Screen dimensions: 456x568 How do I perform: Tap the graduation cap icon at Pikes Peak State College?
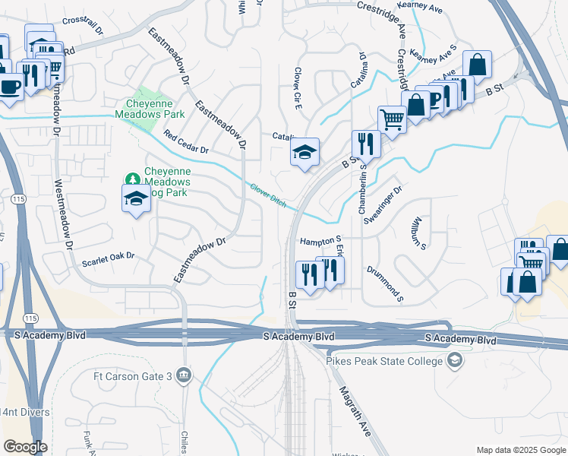[455, 359]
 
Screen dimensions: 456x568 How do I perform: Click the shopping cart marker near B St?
[391, 119]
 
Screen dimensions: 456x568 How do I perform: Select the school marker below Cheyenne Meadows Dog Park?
[137, 198]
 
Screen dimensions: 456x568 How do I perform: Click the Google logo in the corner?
[26, 447]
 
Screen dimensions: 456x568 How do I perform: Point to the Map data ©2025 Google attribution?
[520, 449]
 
